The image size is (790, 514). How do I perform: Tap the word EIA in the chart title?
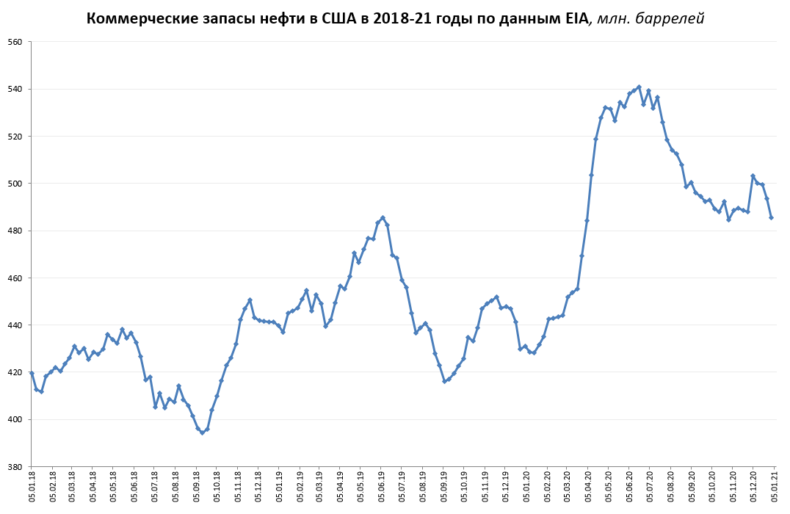click(573, 18)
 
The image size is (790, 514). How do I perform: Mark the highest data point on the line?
click(639, 87)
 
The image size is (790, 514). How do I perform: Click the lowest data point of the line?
click(203, 432)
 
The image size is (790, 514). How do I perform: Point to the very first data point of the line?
click(32, 373)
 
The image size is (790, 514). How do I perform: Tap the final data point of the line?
click(771, 217)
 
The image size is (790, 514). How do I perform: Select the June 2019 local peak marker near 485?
click(383, 218)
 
